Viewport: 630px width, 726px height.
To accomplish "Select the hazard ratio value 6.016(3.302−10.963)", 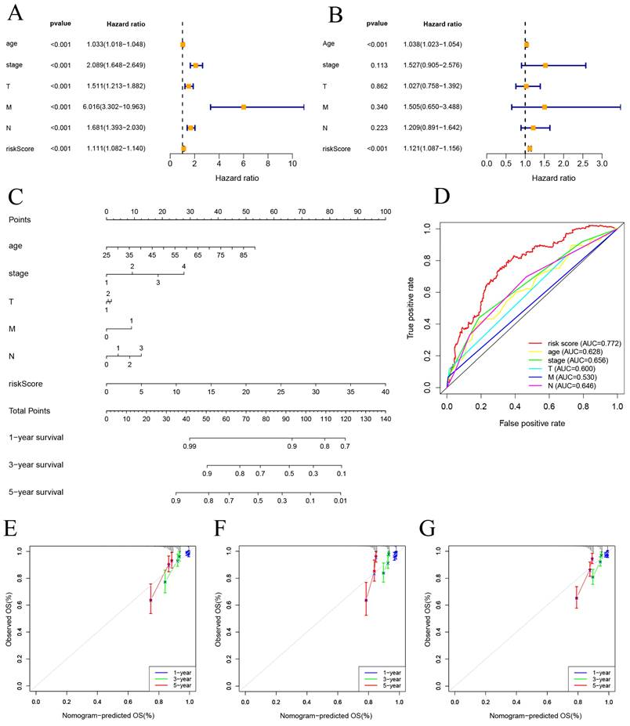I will point(117,107).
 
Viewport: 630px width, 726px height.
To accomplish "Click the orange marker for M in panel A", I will point(244,107).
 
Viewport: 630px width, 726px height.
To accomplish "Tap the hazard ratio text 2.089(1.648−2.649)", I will point(117,64).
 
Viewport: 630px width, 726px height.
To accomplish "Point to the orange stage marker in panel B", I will point(545,65).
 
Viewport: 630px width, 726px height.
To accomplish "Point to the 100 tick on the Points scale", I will point(385,211).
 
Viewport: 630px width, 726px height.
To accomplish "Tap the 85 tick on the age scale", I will point(244,255).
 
